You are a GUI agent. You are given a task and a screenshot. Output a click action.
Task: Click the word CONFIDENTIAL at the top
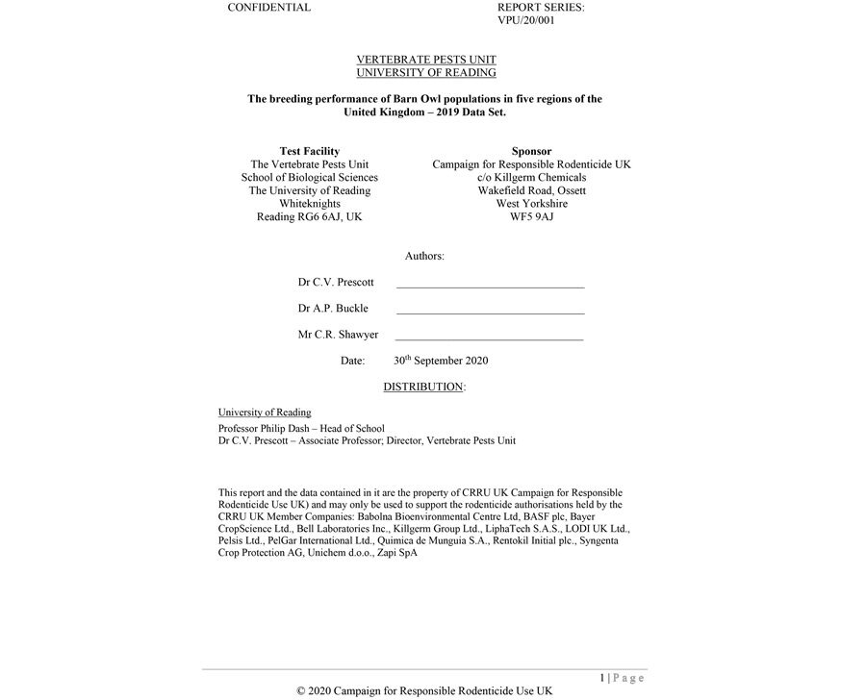tap(268, 8)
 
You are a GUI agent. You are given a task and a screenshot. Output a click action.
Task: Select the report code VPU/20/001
tap(526, 20)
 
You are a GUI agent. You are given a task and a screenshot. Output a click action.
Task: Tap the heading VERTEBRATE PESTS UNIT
tap(426, 60)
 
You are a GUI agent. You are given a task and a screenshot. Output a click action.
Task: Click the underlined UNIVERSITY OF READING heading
tap(426, 72)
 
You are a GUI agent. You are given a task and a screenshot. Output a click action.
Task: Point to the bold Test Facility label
tap(309, 151)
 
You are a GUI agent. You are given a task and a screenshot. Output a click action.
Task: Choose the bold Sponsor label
tap(531, 151)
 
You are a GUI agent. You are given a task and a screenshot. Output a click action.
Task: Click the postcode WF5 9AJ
tap(531, 216)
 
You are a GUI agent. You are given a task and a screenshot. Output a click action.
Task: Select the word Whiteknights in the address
tap(309, 204)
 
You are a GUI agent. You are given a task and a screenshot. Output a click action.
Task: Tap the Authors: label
tap(424, 256)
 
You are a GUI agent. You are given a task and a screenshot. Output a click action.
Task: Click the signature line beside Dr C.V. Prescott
tap(490, 287)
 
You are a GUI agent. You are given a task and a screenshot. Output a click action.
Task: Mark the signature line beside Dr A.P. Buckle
tap(490, 312)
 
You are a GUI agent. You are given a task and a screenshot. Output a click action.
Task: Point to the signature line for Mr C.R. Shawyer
tap(489, 338)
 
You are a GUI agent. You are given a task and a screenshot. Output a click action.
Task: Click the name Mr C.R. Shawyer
tap(338, 335)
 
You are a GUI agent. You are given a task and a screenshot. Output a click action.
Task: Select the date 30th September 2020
tap(441, 361)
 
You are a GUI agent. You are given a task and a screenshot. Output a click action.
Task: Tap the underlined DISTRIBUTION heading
tap(423, 387)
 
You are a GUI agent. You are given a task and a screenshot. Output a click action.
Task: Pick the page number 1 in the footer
tap(601, 678)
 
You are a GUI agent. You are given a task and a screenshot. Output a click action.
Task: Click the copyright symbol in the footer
tap(301, 691)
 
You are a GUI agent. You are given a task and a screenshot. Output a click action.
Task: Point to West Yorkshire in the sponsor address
tap(531, 204)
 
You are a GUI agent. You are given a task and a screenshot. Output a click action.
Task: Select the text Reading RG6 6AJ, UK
tap(309, 216)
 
